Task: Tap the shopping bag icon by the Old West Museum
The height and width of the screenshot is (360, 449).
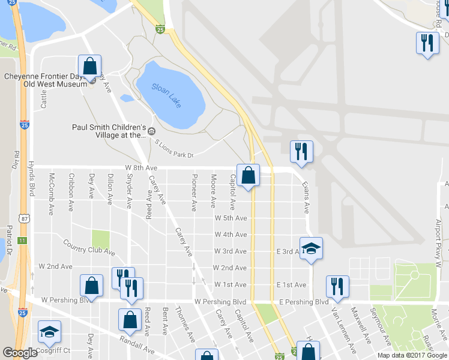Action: (x=89, y=67)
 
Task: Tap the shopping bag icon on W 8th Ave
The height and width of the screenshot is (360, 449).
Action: (x=249, y=176)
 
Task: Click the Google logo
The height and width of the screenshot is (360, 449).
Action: (x=20, y=353)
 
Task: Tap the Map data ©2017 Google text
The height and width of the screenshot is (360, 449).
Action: (x=412, y=355)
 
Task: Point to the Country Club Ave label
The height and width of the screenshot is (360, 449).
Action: (x=89, y=247)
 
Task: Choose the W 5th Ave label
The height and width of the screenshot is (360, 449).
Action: (x=231, y=218)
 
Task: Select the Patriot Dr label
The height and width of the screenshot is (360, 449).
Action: (x=9, y=240)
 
